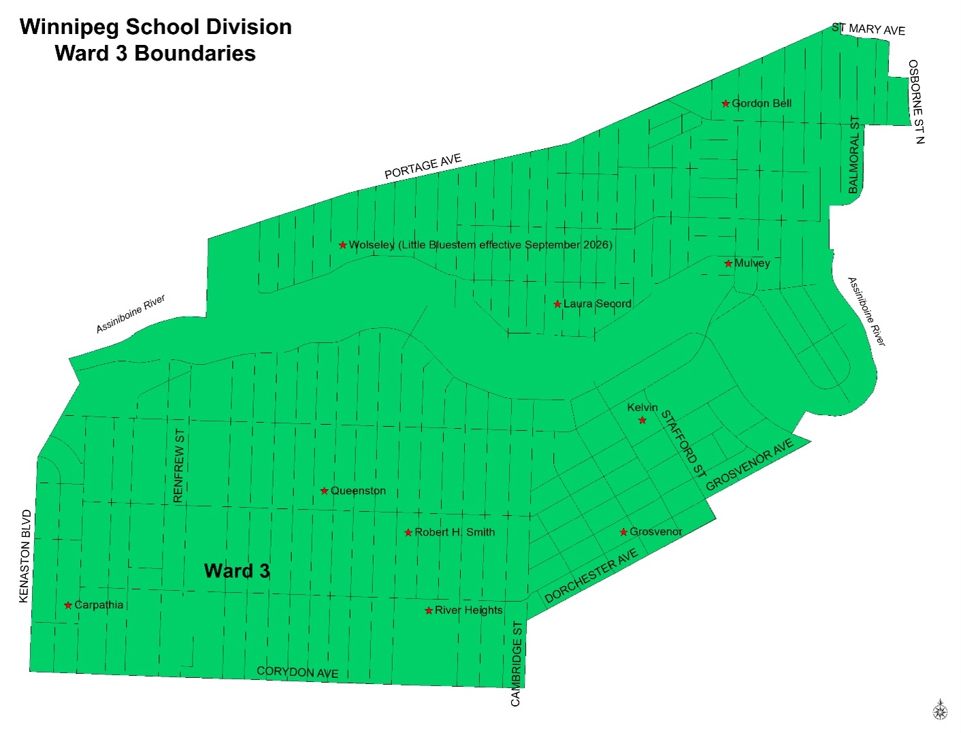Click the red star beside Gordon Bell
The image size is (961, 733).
(726, 104)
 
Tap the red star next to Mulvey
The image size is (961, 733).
(728, 263)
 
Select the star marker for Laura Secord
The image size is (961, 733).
(557, 304)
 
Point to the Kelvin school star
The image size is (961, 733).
(642, 421)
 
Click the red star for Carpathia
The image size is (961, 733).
(68, 605)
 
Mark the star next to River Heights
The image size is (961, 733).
(429, 610)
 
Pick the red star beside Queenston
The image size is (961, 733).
(325, 491)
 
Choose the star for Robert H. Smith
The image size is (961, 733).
(408, 533)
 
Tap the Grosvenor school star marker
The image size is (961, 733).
(623, 532)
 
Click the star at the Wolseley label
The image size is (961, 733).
(343, 245)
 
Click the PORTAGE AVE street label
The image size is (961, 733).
(423, 167)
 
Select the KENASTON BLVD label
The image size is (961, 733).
(25, 556)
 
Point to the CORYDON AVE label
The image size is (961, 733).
(297, 672)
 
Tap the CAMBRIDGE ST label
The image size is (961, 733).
(517, 664)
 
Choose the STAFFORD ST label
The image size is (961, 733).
(684, 444)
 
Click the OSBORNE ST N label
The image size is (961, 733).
(916, 102)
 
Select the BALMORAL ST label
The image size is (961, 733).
(854, 155)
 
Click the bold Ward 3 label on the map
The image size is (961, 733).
(237, 570)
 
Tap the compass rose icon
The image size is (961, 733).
(940, 710)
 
